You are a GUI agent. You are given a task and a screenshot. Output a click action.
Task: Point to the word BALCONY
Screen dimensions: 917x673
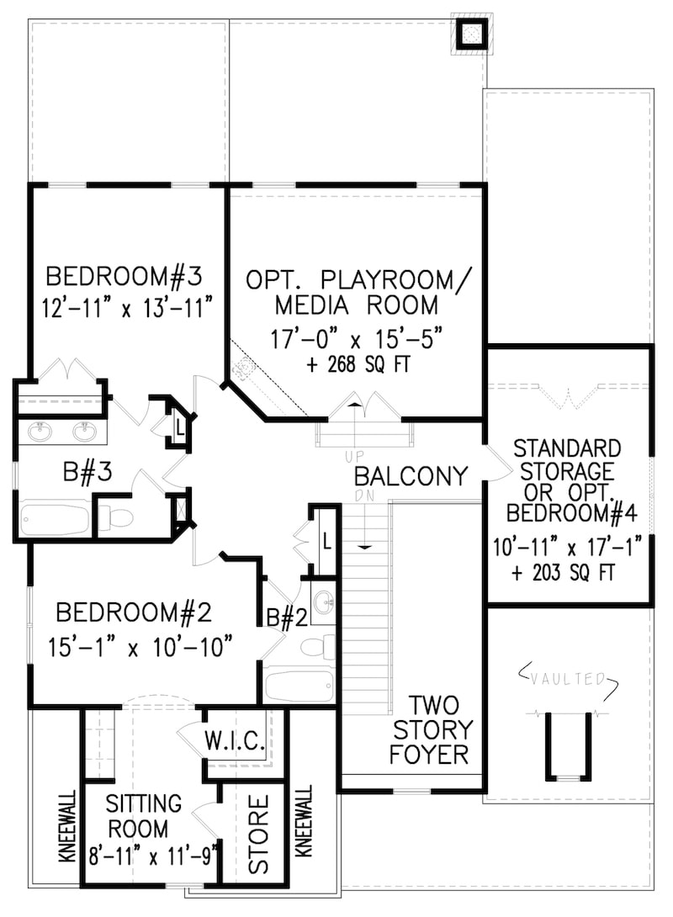[411, 477]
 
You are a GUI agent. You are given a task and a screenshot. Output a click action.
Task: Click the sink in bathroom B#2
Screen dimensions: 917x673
[323, 605]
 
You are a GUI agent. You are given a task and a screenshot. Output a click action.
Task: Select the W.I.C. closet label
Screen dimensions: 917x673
[236, 742]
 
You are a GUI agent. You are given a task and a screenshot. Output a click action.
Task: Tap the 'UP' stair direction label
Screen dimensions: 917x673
[354, 456]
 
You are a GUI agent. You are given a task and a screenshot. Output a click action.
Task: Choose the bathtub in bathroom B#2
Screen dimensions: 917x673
[299, 685]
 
